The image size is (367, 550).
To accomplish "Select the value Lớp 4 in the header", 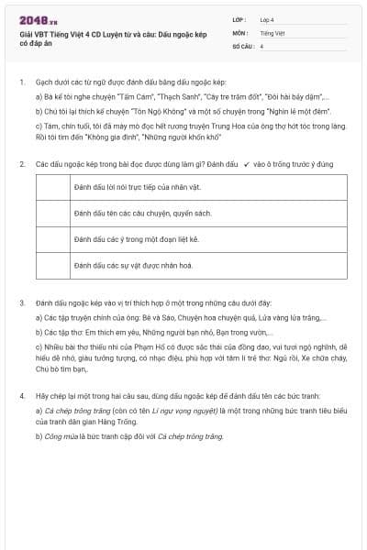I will coord(267,18).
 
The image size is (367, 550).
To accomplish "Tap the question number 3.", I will coord(21,302).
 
